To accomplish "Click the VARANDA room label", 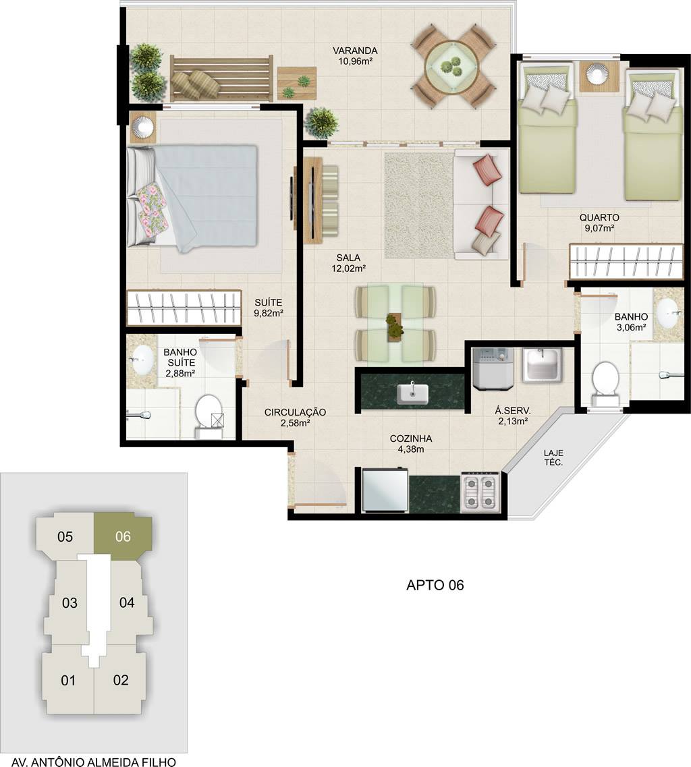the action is point(355,51).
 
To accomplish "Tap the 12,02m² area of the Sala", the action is point(348,268).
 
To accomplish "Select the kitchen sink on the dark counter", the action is point(412,393).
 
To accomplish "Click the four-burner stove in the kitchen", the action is point(480,492).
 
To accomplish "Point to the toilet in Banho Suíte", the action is point(209,416).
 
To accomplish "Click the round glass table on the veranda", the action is point(451,67).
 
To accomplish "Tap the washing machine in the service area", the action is point(493,369).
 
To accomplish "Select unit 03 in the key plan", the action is point(70,602).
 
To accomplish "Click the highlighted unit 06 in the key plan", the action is point(123,536).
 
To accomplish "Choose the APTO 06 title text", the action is point(435,585).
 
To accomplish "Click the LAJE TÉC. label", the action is point(553,458).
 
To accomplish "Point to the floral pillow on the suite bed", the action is point(153,207).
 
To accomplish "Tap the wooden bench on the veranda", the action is point(222,78).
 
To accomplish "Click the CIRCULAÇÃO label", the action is point(295,412).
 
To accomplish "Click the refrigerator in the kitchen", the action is point(385,490).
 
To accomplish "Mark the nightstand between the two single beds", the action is point(597,76).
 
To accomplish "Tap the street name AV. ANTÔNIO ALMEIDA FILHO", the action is point(94,761).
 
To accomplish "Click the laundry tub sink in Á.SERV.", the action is point(543,364).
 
